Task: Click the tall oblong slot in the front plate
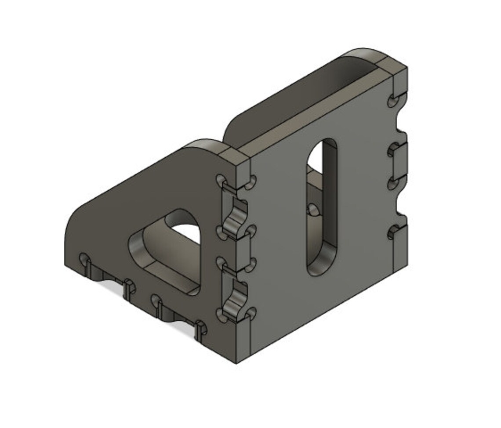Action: [322, 207]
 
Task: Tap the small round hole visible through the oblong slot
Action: [312, 209]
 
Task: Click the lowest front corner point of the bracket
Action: [237, 363]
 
